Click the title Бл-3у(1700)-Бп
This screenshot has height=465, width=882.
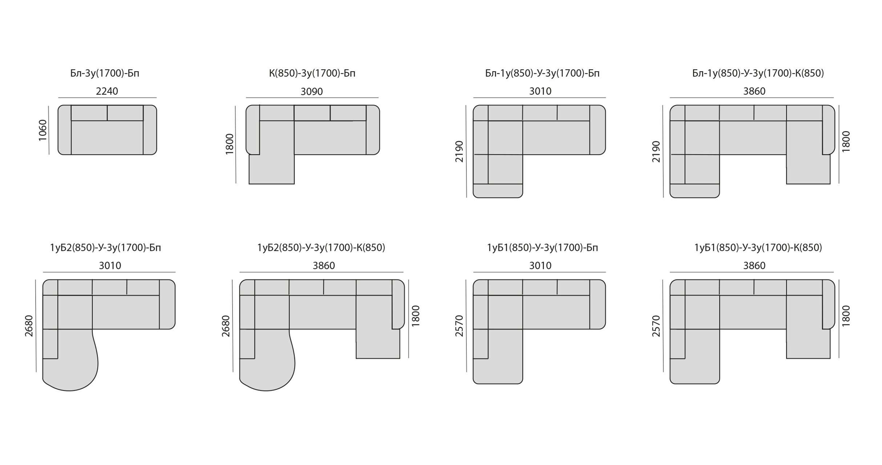tap(105, 73)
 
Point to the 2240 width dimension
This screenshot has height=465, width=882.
tap(107, 91)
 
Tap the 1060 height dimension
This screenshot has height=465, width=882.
tap(43, 130)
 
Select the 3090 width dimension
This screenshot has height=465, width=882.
tap(312, 92)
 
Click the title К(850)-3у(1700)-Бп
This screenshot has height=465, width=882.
tap(312, 73)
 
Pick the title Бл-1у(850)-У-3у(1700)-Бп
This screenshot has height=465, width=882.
tap(542, 73)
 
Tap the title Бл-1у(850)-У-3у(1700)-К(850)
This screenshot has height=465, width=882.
tap(758, 73)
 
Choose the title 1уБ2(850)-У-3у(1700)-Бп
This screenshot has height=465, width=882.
tap(105, 248)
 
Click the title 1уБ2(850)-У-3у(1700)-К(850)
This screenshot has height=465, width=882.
tap(321, 248)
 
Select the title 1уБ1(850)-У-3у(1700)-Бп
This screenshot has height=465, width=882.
tap(542, 248)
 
